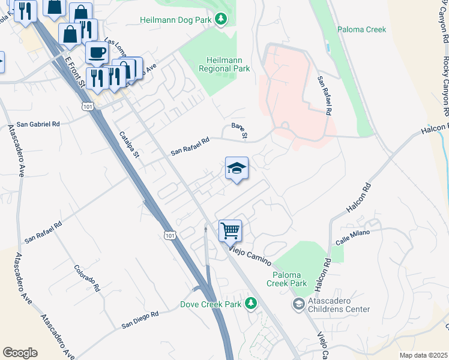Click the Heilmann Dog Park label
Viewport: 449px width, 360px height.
[x=176, y=20]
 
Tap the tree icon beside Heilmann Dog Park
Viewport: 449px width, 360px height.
[x=222, y=20]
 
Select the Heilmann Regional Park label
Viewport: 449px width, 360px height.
[x=228, y=64]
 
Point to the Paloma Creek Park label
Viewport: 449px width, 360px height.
[x=286, y=278]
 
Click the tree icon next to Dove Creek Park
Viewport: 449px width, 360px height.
[x=251, y=304]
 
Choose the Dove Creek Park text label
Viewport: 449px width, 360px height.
[x=211, y=304]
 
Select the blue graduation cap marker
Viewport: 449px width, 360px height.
[x=237, y=168]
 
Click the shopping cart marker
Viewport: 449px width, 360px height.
[x=230, y=230]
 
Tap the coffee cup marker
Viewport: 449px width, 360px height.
[x=97, y=52]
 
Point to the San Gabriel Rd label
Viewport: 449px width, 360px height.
[x=38, y=124]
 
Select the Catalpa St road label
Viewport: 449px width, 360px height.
[x=129, y=145]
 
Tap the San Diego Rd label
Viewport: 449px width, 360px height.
[x=140, y=319]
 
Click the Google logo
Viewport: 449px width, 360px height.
[x=20, y=352]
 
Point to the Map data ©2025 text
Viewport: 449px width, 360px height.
[x=423, y=355]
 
